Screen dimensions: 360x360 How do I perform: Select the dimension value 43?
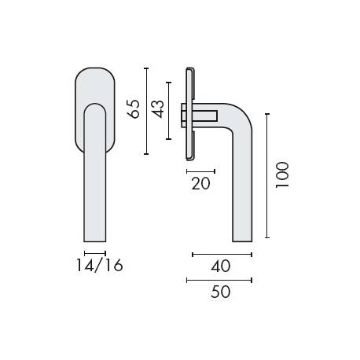click(x=157, y=109)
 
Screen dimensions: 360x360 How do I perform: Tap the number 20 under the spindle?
click(x=200, y=184)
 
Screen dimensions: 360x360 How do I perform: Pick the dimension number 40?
click(x=221, y=267)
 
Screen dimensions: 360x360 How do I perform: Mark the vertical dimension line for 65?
click(x=146, y=111)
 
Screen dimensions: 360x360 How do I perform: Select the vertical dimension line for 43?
click(x=168, y=109)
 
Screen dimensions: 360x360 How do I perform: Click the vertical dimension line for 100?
click(x=267, y=175)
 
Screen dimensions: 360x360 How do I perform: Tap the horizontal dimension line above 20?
click(x=200, y=171)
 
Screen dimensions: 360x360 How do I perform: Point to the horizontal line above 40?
click(x=222, y=255)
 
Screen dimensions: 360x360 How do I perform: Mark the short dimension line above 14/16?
click(x=94, y=253)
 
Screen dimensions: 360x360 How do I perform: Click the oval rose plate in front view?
click(x=94, y=86)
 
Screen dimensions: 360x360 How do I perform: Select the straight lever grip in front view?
click(x=94, y=181)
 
